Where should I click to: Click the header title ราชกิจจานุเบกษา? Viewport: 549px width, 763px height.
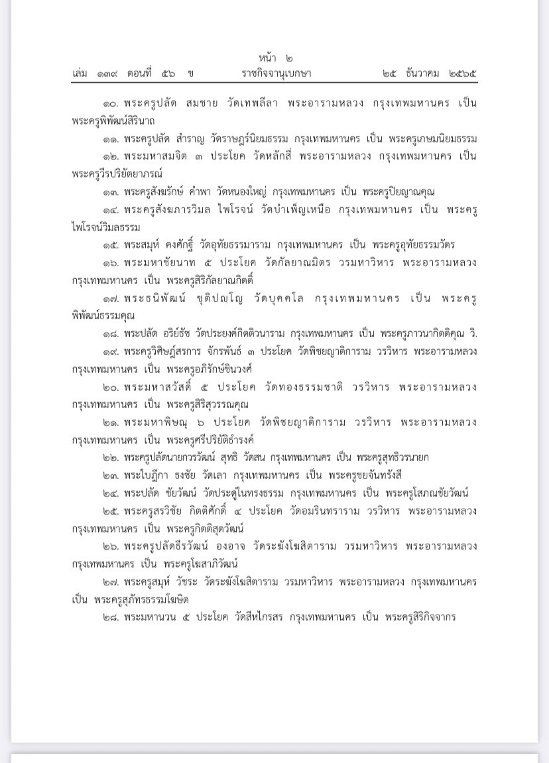pos(276,74)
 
